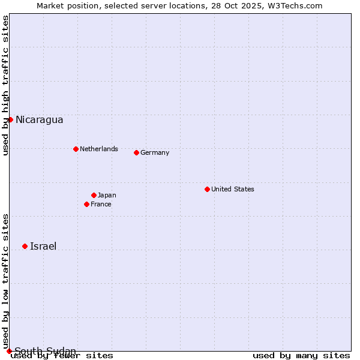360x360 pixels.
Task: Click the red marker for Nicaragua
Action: click(x=10, y=119)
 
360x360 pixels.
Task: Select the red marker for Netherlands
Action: click(x=76, y=149)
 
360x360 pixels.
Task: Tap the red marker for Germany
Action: click(x=136, y=152)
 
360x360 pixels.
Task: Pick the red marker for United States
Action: click(x=207, y=189)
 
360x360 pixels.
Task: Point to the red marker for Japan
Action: click(x=94, y=195)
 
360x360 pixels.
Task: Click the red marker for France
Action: click(x=86, y=204)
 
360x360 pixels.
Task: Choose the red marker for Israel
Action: click(x=25, y=246)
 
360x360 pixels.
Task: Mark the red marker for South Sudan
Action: click(x=9, y=351)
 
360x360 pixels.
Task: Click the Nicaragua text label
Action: click(x=39, y=119)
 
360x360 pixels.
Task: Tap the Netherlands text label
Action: click(x=98, y=149)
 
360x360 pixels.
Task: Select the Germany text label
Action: click(x=155, y=152)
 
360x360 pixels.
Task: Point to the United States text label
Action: click(x=233, y=189)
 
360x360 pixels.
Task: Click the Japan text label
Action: click(x=107, y=195)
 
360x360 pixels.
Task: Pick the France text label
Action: click(x=101, y=204)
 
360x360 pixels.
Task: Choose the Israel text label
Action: click(x=43, y=246)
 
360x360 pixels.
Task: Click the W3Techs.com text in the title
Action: click(x=295, y=5)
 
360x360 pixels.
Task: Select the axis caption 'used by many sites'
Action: click(x=301, y=355)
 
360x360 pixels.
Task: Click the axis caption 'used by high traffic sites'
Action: click(x=5, y=85)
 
